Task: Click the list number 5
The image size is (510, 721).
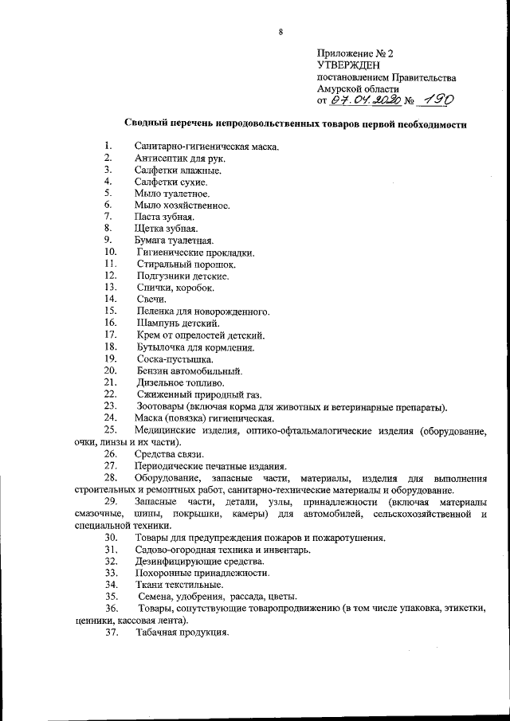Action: [x=107, y=194]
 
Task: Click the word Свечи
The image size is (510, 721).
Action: [x=151, y=299]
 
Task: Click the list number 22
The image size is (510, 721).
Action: [x=111, y=394]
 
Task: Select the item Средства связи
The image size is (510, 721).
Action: [x=163, y=454]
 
